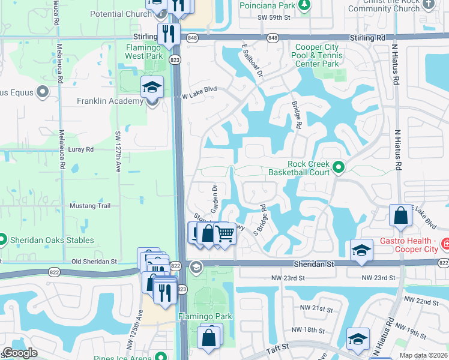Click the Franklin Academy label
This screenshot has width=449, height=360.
[110, 101]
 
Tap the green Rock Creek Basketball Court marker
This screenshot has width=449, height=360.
[338, 168]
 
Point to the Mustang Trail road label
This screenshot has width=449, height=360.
[89, 206]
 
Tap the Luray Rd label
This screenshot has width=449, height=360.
[81, 149]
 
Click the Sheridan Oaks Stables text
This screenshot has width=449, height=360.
[52, 240]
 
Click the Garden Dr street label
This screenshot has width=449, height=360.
[213, 196]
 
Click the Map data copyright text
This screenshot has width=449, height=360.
[423, 355]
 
